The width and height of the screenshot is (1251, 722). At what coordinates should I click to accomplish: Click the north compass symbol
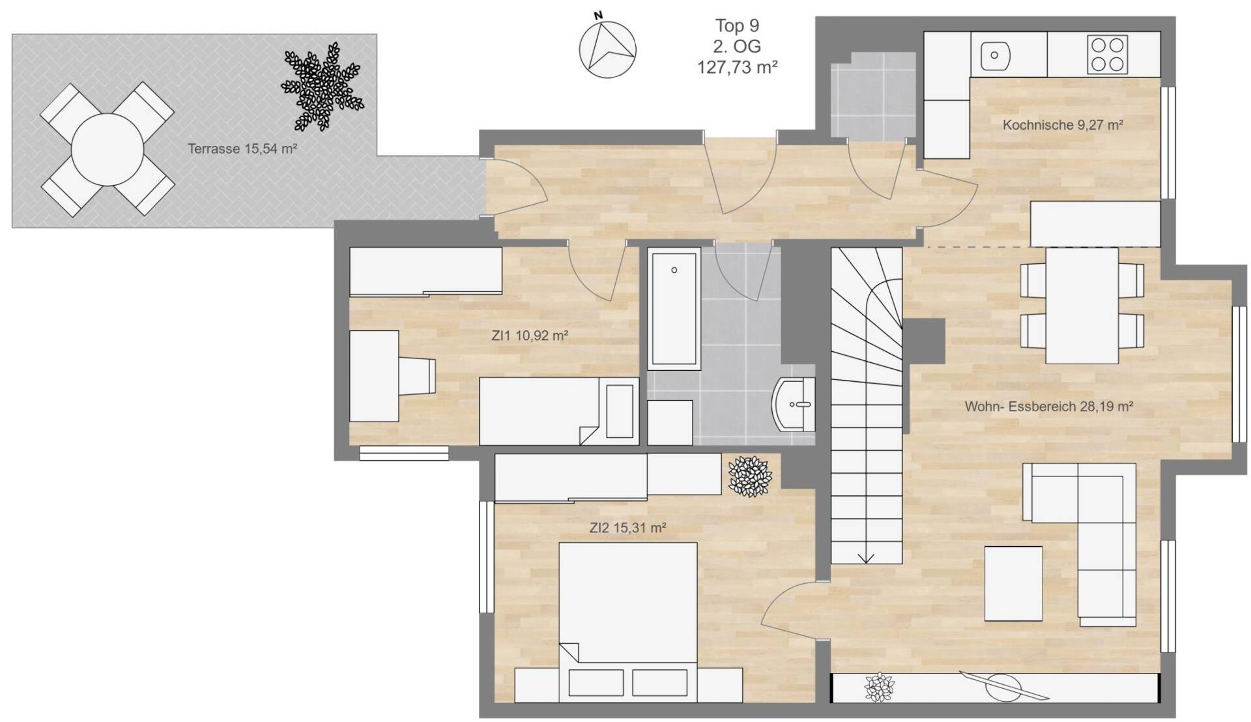(x=607, y=48)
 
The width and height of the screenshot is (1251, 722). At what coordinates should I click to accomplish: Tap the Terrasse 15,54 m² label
(x=242, y=149)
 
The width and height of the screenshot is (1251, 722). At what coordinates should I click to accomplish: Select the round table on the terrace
(x=108, y=149)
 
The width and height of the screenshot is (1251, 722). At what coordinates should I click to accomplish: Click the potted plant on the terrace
(x=322, y=87)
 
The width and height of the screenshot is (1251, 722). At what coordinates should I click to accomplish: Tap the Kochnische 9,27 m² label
(x=1063, y=124)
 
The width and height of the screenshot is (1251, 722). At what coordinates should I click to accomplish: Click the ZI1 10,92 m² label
(x=530, y=336)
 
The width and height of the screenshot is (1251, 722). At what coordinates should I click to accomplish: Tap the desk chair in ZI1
(x=416, y=376)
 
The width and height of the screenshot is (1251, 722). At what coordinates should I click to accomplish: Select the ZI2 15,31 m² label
(x=627, y=528)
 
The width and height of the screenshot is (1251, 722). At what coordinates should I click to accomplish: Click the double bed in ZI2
(x=628, y=622)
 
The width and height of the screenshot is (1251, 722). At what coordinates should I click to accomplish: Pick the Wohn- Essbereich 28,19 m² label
(x=1049, y=407)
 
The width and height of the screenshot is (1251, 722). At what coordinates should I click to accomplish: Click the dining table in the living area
(x=1082, y=305)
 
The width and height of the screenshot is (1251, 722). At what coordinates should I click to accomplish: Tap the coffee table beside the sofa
(x=1013, y=584)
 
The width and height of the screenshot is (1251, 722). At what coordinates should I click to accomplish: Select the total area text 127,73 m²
(x=738, y=67)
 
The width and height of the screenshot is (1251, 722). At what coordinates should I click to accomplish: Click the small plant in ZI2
(x=749, y=476)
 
